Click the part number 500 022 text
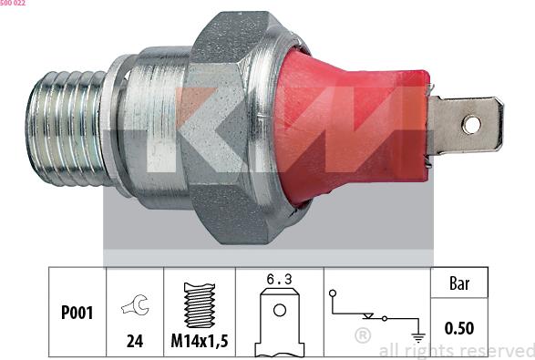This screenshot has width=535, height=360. [13, 4]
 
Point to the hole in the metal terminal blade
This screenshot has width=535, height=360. [471, 124]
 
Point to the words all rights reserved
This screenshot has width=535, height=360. [456, 350]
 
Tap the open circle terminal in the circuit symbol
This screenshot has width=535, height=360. [334, 293]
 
